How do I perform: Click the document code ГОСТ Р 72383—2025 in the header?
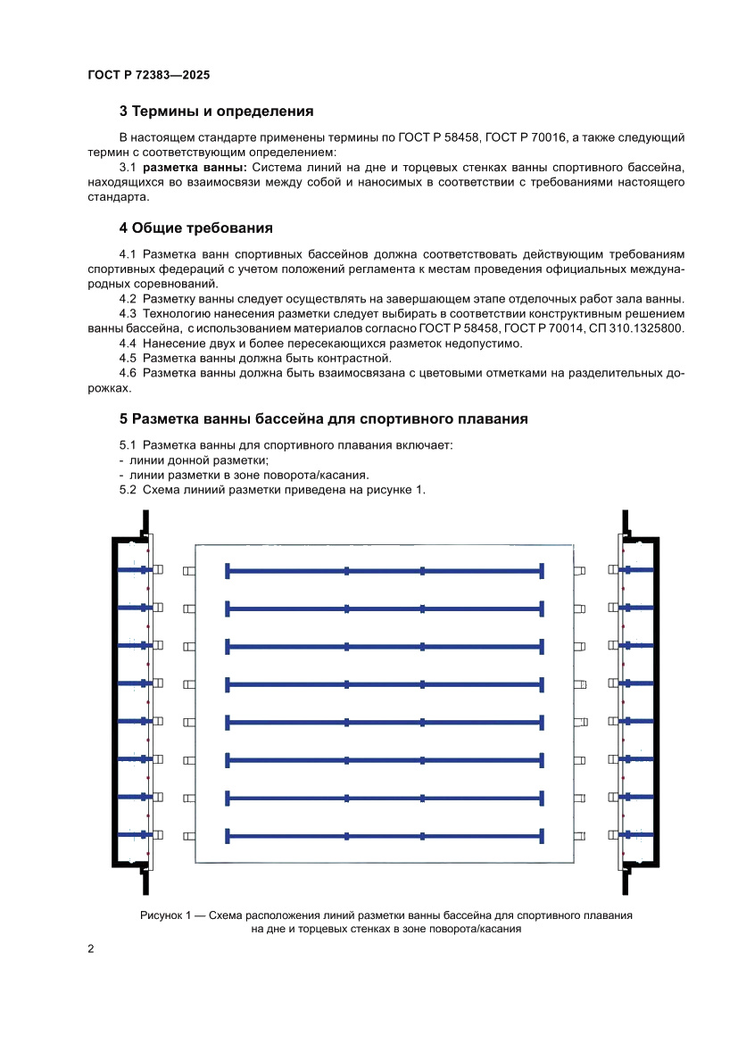click(x=149, y=76)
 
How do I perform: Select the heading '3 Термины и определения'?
click(x=216, y=112)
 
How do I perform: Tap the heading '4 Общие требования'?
click(x=195, y=228)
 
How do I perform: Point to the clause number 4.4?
click(x=128, y=344)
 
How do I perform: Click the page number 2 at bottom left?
click(x=91, y=948)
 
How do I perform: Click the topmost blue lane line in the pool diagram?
click(x=384, y=571)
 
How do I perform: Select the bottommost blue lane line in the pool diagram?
click(x=384, y=836)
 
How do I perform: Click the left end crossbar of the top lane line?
click(x=228, y=571)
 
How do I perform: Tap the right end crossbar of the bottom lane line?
click(x=542, y=836)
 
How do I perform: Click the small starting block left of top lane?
click(x=187, y=571)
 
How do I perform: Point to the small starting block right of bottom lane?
click(x=581, y=836)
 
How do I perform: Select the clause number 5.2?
click(x=128, y=490)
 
